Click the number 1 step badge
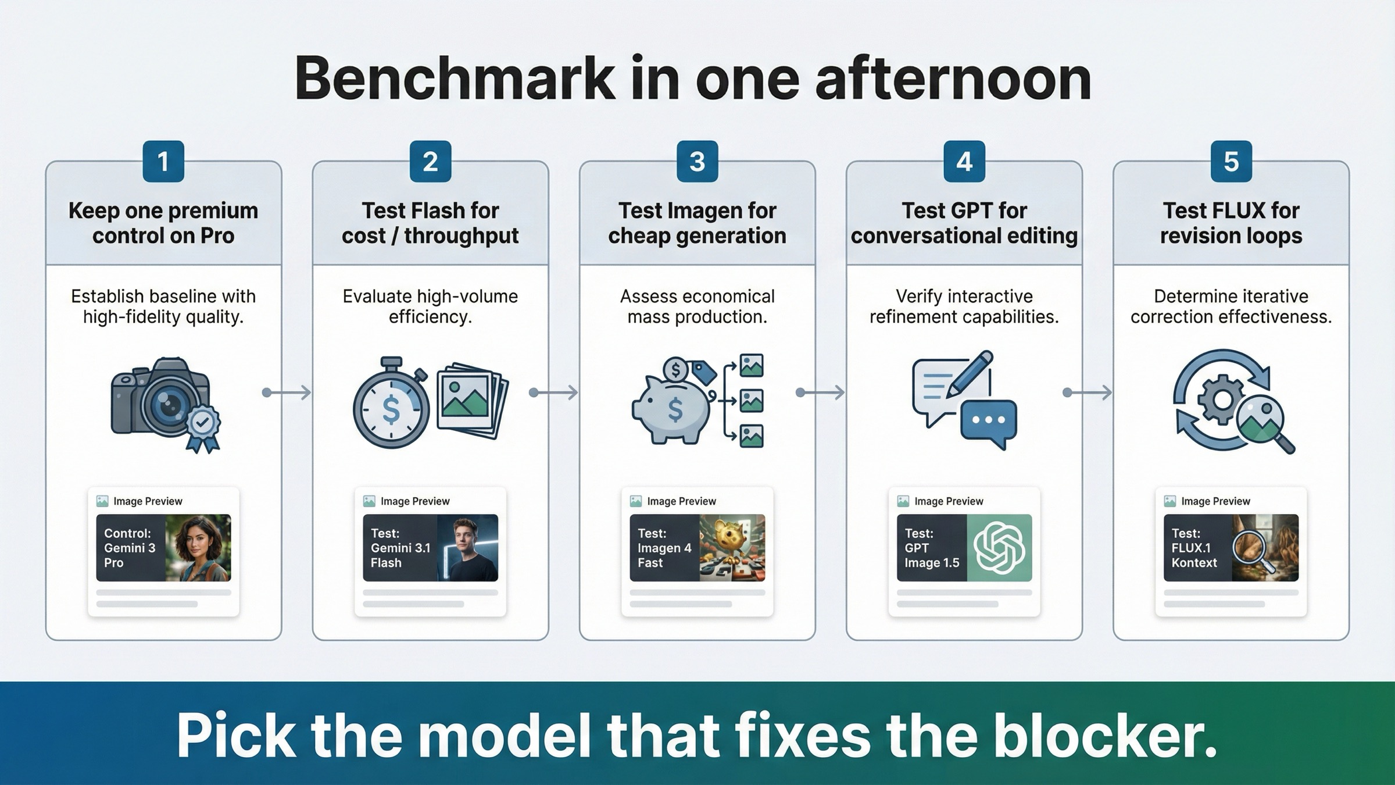point(163,162)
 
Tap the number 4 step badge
point(964,162)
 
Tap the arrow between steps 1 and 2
point(287,393)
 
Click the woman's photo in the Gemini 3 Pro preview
point(198,548)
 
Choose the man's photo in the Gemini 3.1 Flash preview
point(467,548)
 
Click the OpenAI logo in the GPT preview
point(999,548)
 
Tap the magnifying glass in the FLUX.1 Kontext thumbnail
point(1250,549)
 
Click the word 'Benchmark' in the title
point(455,79)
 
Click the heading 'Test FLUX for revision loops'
point(1231,223)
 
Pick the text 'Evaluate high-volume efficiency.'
point(430,306)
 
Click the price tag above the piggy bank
point(704,372)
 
